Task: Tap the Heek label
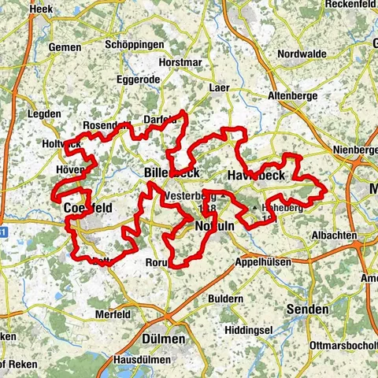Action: pos(40,9)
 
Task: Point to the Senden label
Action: pos(307,309)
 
